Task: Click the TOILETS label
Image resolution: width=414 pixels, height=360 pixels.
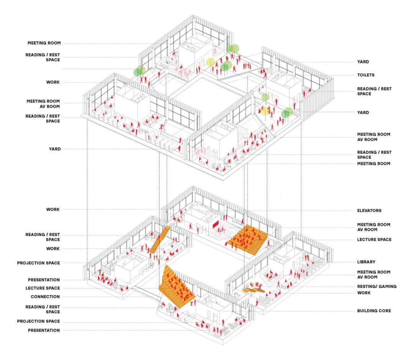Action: point(366,75)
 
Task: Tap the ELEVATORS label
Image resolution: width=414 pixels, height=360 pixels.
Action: point(369,210)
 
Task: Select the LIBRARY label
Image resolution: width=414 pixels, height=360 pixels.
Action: point(366,262)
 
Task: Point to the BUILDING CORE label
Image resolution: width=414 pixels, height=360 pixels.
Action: point(374,311)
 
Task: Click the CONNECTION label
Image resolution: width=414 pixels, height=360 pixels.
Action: point(45,297)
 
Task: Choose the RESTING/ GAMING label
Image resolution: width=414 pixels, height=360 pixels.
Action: point(377,286)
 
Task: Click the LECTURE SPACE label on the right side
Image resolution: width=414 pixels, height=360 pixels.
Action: point(374,240)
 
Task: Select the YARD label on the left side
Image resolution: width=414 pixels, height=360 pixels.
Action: point(54,149)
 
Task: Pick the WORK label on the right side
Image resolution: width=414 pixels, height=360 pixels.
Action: point(364,293)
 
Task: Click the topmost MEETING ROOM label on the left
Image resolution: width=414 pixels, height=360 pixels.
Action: point(44,43)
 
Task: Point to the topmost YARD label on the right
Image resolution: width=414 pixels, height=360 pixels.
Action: point(363,62)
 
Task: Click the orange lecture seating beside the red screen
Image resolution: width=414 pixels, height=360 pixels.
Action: point(247,240)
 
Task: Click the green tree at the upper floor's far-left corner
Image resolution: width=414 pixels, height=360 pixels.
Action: point(140,71)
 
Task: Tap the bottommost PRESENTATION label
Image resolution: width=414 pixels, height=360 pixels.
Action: point(44,330)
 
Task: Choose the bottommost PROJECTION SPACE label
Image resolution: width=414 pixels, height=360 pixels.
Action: point(38,321)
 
